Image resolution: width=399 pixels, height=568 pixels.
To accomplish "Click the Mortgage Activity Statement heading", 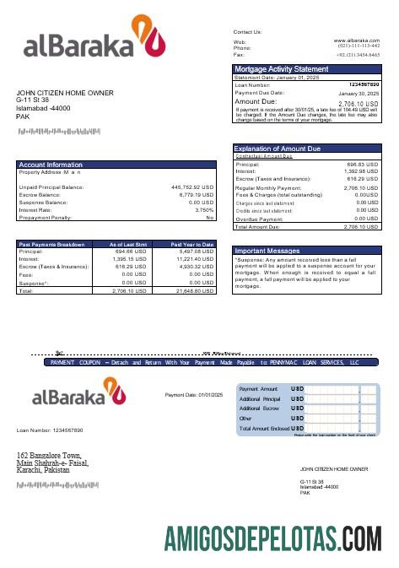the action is point(281,69).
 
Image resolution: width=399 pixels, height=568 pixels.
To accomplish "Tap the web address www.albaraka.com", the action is point(356,40).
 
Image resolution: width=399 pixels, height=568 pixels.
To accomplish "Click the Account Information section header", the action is point(52,165).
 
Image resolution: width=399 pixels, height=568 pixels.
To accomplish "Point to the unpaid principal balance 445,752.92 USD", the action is point(193,187).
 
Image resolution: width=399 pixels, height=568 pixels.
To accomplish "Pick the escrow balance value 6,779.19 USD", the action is point(197,194).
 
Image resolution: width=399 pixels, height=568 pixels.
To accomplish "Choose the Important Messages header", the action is point(267,251).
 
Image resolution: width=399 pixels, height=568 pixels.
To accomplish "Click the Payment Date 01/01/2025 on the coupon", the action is point(194,394).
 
